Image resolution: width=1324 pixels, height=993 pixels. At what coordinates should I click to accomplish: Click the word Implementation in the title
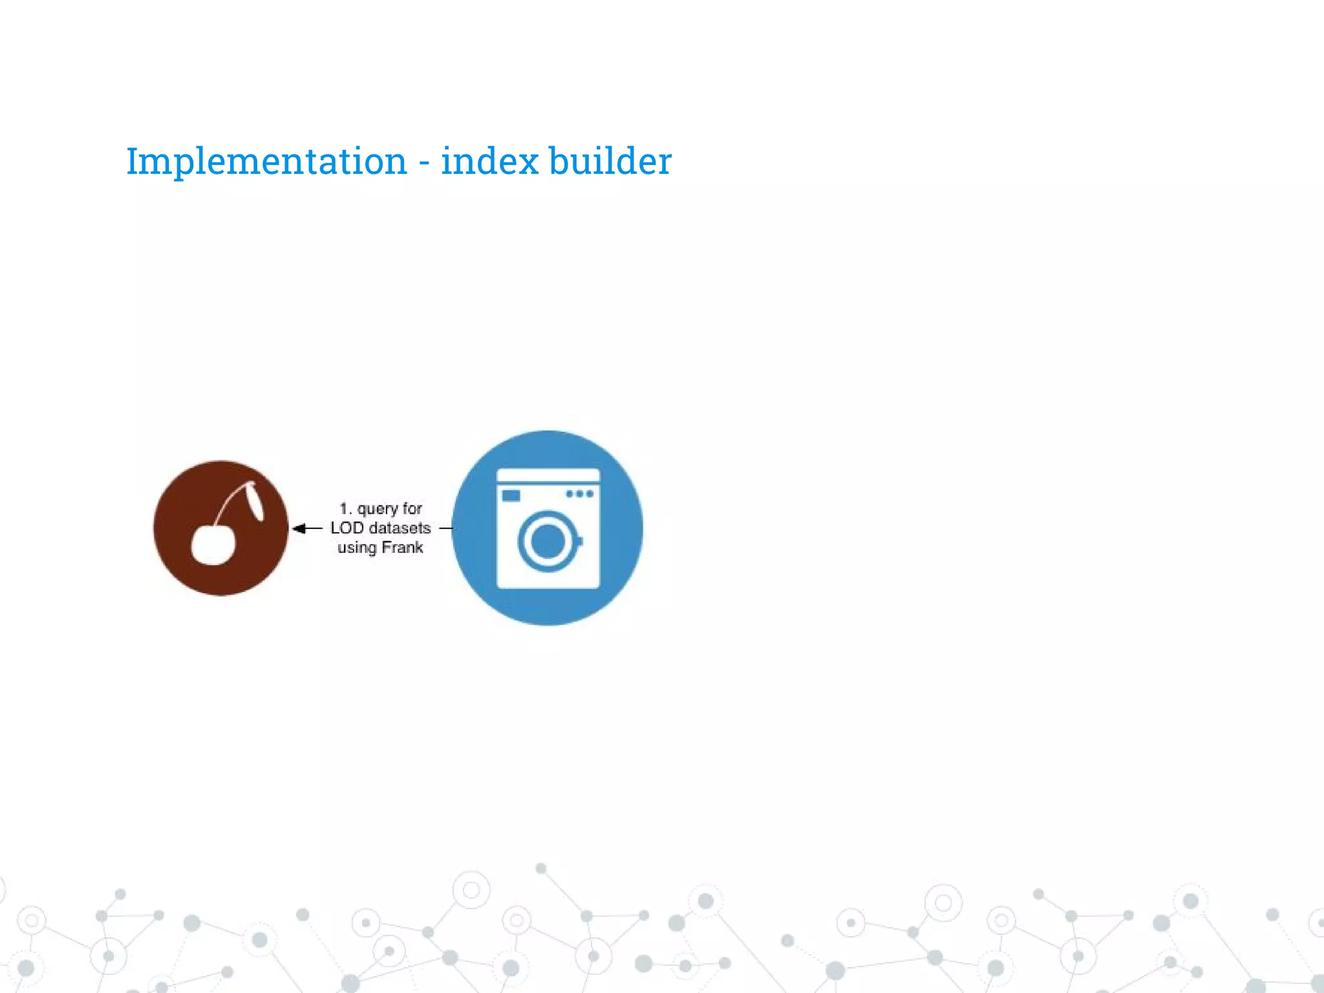266,161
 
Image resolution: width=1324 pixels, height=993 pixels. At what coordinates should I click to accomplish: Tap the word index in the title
489,161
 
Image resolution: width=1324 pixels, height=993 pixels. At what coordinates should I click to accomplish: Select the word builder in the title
610,161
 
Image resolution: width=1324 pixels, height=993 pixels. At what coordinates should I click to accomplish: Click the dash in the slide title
424,162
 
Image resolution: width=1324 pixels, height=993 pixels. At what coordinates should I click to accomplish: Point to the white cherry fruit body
212,544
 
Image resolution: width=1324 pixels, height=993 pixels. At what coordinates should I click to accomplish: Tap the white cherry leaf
254,500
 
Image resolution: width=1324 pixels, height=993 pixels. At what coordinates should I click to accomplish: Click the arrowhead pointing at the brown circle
299,529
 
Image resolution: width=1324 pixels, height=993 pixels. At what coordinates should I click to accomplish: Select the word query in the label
378,509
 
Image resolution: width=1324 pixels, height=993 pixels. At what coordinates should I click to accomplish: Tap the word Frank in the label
402,548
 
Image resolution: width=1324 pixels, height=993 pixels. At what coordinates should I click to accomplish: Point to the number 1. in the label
346,509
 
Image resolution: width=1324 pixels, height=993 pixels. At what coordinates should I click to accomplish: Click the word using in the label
356,548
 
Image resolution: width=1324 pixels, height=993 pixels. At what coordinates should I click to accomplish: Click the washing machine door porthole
548,541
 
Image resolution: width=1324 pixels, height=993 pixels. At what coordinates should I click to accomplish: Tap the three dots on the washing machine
579,494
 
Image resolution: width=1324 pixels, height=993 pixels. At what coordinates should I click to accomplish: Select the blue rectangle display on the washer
511,495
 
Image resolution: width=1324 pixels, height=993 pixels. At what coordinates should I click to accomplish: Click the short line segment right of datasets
445,528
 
